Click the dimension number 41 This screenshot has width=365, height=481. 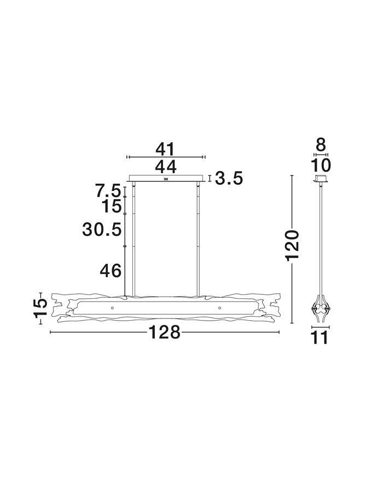165,149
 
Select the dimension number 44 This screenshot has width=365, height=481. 165,166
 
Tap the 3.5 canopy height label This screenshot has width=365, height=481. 228,178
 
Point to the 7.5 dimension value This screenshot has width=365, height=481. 107,192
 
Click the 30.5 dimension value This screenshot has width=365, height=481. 102,229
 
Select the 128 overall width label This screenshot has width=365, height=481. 165,332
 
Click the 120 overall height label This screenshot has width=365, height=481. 293,245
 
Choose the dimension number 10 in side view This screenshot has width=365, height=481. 321,166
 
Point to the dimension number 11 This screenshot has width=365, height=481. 321,338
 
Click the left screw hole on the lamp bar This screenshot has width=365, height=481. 112,308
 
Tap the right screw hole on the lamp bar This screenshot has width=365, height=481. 219,308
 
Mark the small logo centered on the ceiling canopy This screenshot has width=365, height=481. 165,178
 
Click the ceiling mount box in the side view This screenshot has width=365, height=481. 321,179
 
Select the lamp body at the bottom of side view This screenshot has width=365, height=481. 321,310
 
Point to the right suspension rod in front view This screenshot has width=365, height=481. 198,241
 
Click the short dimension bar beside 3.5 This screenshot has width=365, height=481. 210,178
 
